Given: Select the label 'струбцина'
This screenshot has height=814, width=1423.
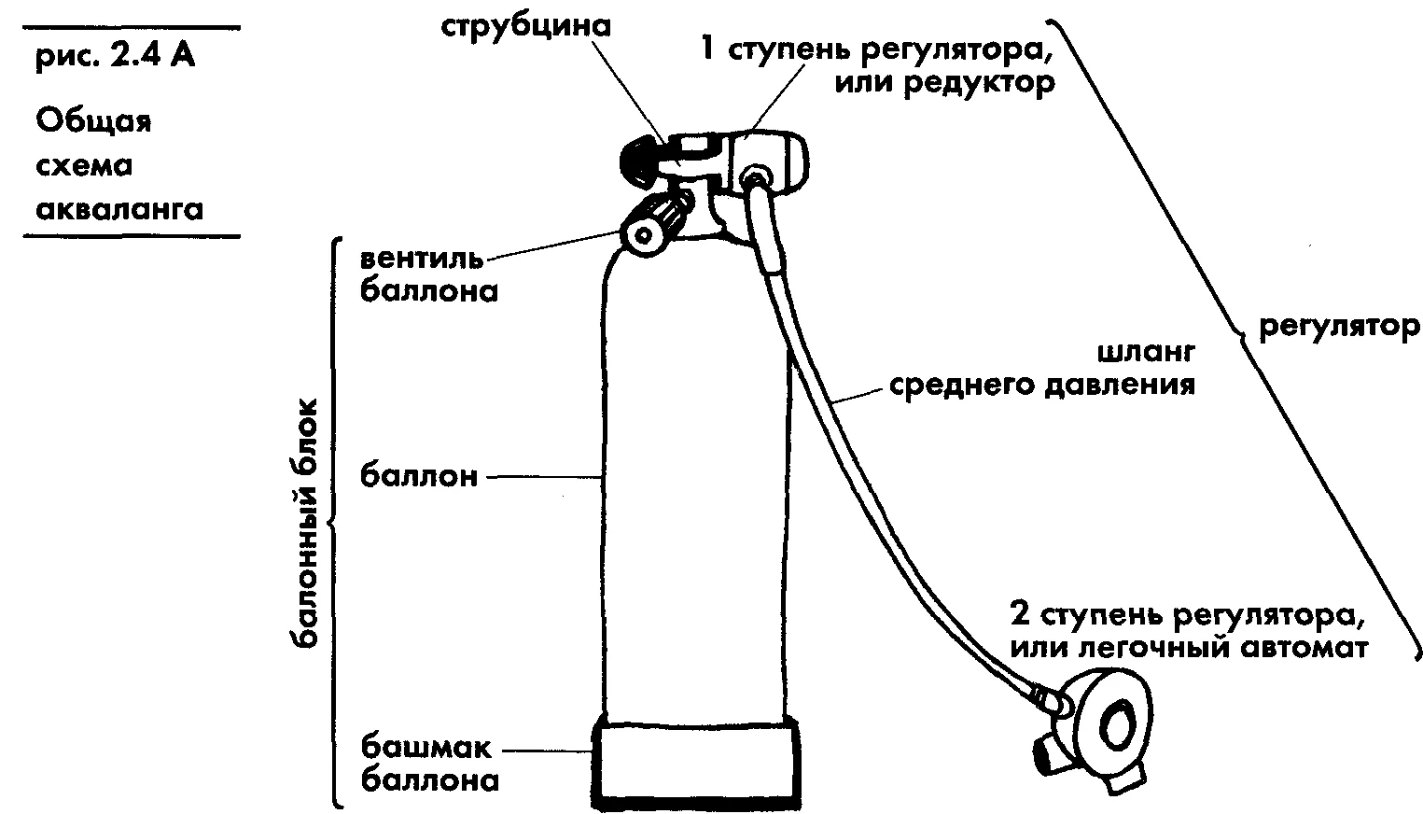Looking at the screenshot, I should click(525, 25).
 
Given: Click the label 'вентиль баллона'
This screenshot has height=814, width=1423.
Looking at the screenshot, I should click(428, 274).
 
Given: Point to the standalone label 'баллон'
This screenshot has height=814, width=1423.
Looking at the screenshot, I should click(419, 476).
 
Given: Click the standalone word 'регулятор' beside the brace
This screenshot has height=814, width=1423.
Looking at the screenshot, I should click(1338, 327).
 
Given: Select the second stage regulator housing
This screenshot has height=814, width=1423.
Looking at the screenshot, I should click(1110, 723).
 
